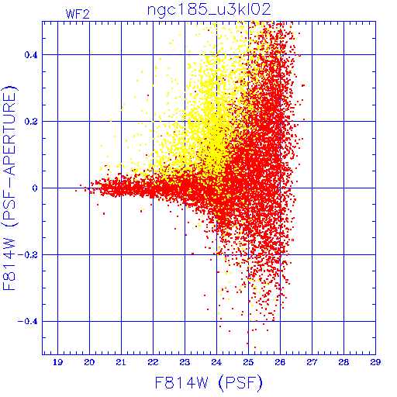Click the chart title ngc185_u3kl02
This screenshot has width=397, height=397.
coord(209,10)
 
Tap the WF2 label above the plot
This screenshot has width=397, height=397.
coord(78,14)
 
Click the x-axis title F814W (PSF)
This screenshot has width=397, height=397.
coord(209,382)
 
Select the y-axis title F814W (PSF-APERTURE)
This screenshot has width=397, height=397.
coord(10,188)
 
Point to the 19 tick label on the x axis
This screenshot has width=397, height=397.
coord(57,362)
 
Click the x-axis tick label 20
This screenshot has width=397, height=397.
coord(89,362)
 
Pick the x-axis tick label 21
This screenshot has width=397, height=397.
coord(121,362)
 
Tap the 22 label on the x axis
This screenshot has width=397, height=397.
coord(153,362)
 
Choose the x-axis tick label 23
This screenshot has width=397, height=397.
coord(185,362)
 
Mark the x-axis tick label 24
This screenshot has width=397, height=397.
coord(216,362)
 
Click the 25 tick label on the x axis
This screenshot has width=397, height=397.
coord(248,362)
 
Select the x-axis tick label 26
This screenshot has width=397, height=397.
coord(280,362)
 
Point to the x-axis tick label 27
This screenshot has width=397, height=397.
coord(312,362)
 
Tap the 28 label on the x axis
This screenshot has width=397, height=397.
coord(343,362)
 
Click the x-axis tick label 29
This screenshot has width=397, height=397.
coord(375,362)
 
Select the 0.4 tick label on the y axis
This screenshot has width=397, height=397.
coord(31,55)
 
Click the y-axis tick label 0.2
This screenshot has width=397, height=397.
coord(31,122)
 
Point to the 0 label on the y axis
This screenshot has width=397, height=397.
coord(35,188)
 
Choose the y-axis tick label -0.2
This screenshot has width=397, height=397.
coord(28,255)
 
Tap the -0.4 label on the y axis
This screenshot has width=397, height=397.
coord(28,322)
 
